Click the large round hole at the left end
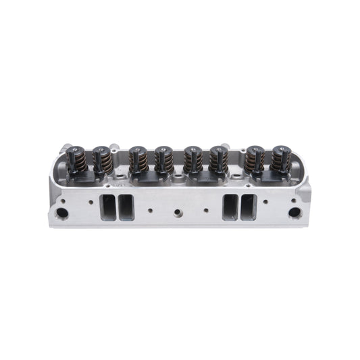63,213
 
